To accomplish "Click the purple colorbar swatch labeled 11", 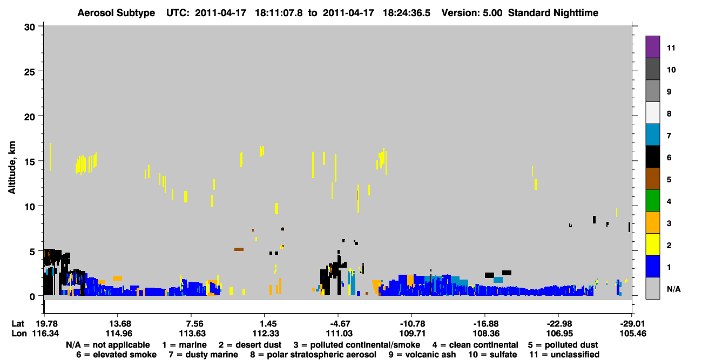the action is tap(652, 46).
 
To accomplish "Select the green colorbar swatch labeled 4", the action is tap(652, 201).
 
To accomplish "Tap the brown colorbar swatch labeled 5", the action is tap(652, 179).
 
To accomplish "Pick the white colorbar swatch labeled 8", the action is tap(652, 113).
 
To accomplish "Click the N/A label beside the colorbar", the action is tap(673, 289).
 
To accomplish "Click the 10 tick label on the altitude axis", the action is tap(30, 207).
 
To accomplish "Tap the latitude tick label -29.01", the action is tap(632, 324).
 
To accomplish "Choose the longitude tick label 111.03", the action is tap(339, 334).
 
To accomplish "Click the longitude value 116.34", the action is tap(45, 334).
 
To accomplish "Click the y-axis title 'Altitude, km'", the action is tap(12, 168).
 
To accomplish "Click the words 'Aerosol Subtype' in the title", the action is tap(116, 13).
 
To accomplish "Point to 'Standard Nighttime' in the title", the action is tap(553, 13).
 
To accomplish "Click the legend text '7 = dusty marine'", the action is tap(203, 355).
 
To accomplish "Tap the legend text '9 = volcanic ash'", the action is tap(422, 355).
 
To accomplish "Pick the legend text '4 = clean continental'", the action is tap(475, 345).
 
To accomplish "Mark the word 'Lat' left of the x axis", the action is tap(18, 324).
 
